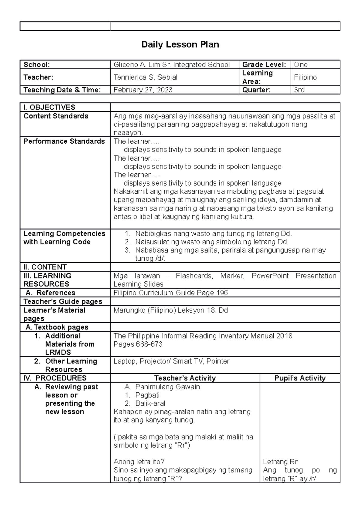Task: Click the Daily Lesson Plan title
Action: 180,45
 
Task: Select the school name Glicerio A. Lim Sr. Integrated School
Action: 172,65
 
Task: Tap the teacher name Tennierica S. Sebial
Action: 145,77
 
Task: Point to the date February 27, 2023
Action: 143,90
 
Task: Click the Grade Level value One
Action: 301,65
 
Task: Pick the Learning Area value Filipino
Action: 305,77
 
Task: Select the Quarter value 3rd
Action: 299,90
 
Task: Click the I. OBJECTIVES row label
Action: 49,107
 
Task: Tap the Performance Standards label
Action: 64,141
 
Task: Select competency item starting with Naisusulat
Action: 211,242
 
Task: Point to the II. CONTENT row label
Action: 45,267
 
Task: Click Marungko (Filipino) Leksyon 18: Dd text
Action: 171,310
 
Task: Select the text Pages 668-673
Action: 138,344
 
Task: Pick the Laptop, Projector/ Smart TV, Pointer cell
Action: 171,361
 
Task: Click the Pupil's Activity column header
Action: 300,378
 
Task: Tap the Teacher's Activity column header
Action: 185,378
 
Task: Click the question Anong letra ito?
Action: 139,462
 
